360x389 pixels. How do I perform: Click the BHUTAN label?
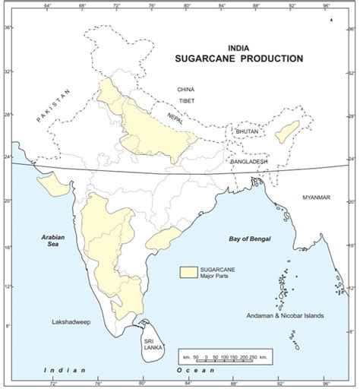[248, 131]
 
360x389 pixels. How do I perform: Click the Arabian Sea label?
[55, 242]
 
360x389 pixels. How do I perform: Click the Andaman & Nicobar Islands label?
[290, 315]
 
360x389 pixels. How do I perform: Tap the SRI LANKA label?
[150, 346]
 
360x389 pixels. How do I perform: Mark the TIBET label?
[186, 100]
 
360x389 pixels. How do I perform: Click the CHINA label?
[186, 89]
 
